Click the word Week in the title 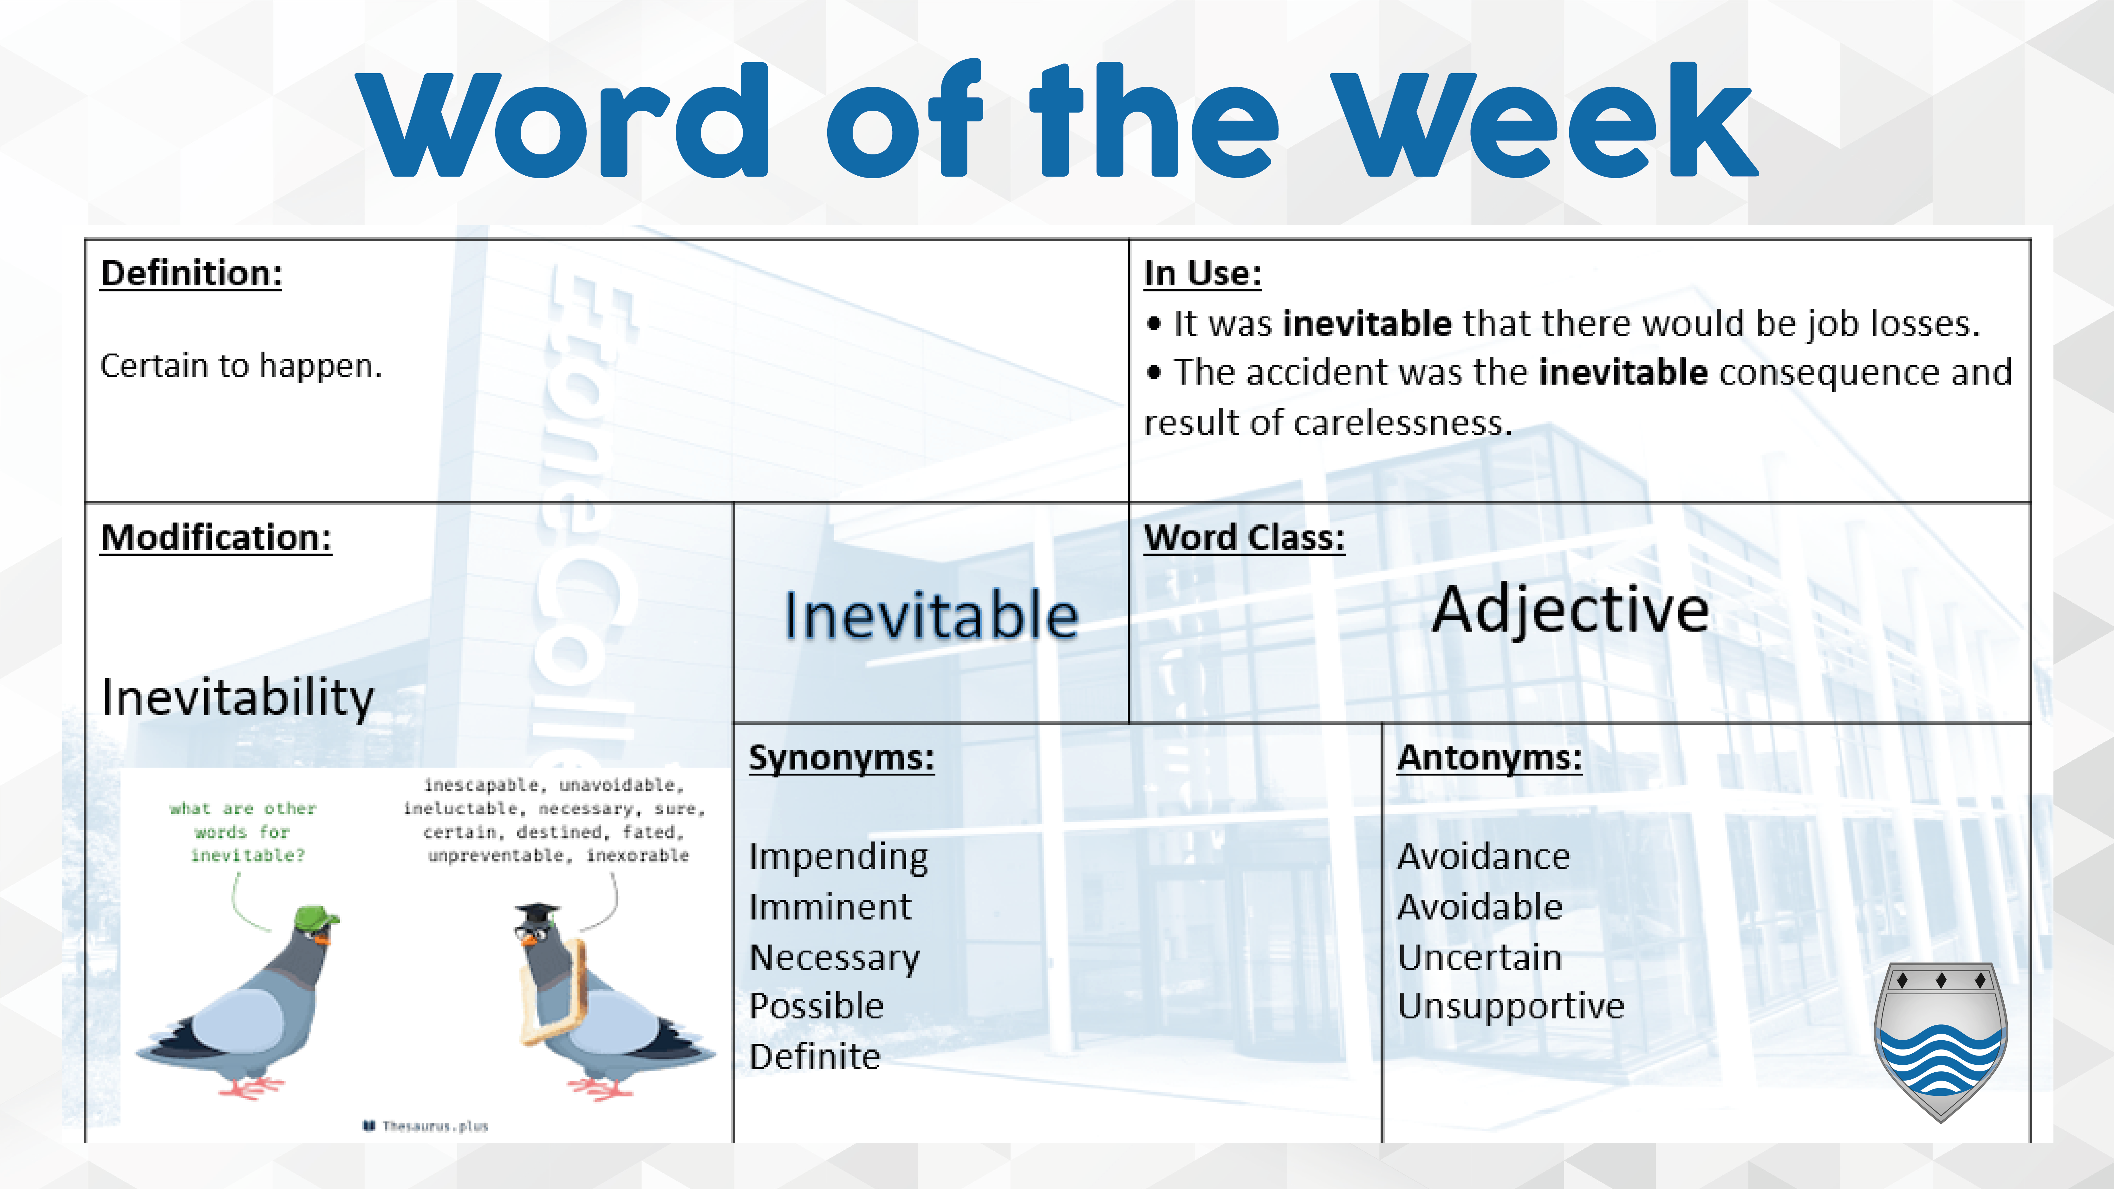click(x=1543, y=123)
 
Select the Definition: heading click(x=191, y=273)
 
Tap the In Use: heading click(x=1203, y=273)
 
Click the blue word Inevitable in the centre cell click(x=932, y=615)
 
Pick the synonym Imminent click(x=830, y=907)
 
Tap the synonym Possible click(x=816, y=1006)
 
